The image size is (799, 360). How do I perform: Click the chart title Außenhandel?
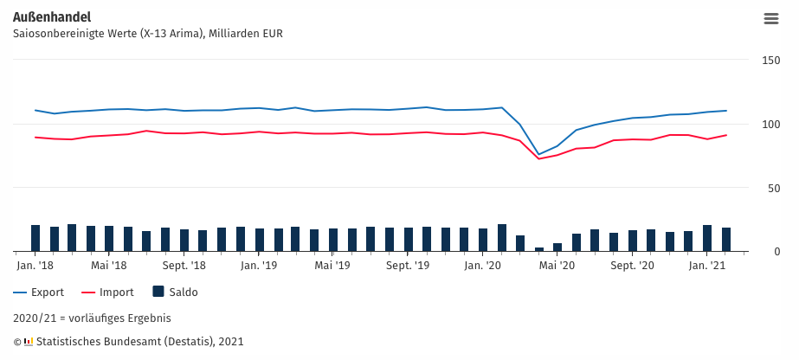pyautogui.click(x=52, y=17)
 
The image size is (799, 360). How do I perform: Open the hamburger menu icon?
pyautogui.click(x=771, y=19)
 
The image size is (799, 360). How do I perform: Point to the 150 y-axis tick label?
pyautogui.click(x=770, y=61)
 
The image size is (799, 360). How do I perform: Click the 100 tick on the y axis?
pyautogui.click(x=770, y=125)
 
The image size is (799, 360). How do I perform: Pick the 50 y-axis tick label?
pyautogui.click(x=774, y=189)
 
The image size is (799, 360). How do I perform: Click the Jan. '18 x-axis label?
pyautogui.click(x=35, y=266)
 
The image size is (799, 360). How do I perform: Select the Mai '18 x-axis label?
pyautogui.click(x=109, y=266)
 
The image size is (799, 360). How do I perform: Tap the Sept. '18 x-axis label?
pyautogui.click(x=184, y=266)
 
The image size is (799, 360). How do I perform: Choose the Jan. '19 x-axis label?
pyautogui.click(x=259, y=266)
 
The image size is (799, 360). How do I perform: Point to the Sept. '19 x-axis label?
pyautogui.click(x=408, y=266)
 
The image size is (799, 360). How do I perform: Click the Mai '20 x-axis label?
pyautogui.click(x=557, y=266)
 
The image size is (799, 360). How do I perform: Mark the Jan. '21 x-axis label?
pyautogui.click(x=706, y=266)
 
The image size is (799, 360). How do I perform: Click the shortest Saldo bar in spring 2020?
pyautogui.click(x=539, y=249)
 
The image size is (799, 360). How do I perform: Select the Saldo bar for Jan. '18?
pyautogui.click(x=35, y=238)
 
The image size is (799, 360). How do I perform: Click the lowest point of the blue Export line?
pyautogui.click(x=539, y=155)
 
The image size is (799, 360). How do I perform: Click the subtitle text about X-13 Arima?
pyautogui.click(x=147, y=34)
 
